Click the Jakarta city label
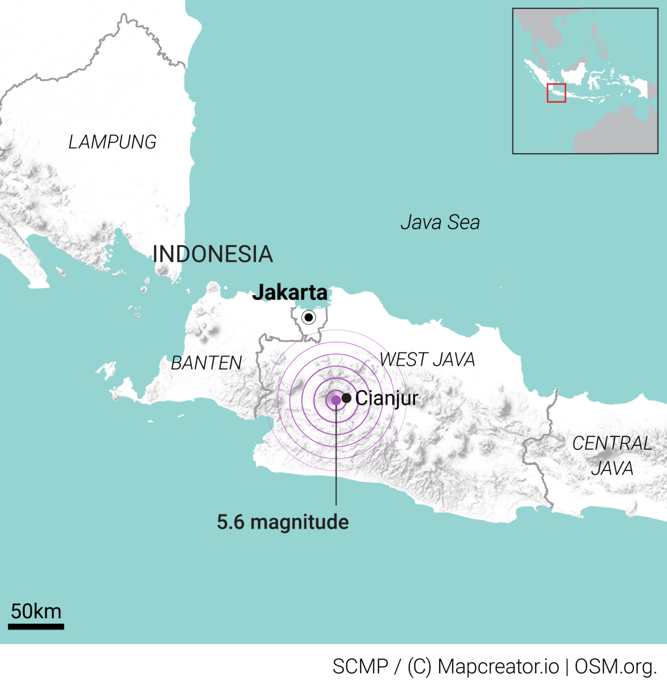(x=290, y=292)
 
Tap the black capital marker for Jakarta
(x=308, y=318)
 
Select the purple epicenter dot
(x=336, y=400)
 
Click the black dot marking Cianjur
(x=347, y=398)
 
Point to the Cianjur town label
(x=387, y=398)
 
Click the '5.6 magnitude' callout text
(x=283, y=522)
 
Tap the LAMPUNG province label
(x=112, y=142)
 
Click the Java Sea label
(x=440, y=222)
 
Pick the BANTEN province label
(x=206, y=363)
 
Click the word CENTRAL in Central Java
(x=612, y=443)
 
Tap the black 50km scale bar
(x=36, y=627)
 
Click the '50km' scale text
(x=36, y=612)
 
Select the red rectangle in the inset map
(x=556, y=93)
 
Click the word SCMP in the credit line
(x=360, y=666)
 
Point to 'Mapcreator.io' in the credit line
(x=498, y=666)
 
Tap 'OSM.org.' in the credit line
(x=616, y=666)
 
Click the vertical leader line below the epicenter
(x=336, y=455)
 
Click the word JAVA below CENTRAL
(x=612, y=468)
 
